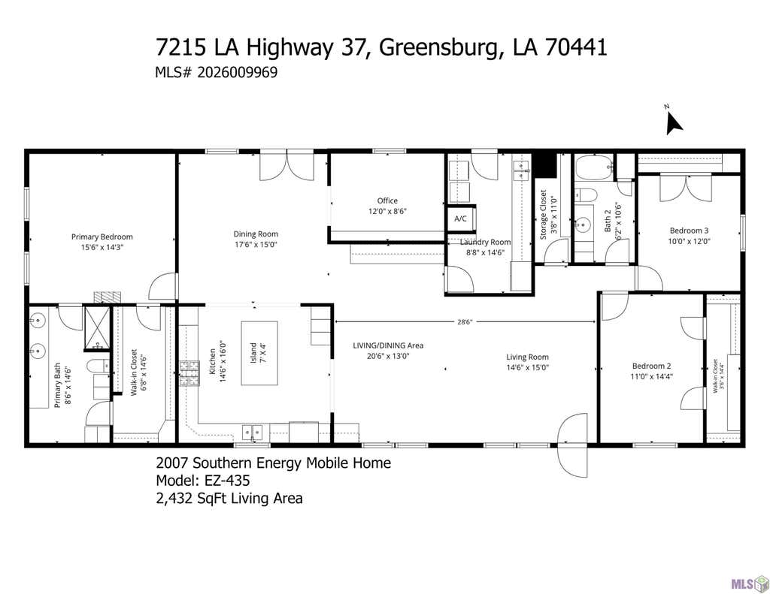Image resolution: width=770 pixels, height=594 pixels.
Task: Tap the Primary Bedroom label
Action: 102,237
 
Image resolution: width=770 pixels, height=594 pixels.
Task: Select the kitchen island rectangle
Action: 259,353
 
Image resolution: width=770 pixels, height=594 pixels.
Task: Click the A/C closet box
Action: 461,219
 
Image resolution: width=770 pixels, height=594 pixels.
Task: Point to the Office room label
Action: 387,201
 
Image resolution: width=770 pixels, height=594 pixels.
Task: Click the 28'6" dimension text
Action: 465,322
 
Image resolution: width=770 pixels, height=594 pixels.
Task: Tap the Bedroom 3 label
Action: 689,231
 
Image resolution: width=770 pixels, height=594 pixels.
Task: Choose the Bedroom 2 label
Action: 652,366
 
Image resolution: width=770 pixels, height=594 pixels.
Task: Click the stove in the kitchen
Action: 189,373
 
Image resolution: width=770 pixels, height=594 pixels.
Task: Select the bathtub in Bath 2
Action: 594,167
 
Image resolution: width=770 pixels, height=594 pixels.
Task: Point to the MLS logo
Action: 750,583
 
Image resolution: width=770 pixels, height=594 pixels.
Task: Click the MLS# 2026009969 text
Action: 216,73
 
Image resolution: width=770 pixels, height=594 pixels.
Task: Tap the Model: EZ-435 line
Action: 203,480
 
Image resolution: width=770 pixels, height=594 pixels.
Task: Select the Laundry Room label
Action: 485,242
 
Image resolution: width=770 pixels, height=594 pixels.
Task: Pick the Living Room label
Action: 527,357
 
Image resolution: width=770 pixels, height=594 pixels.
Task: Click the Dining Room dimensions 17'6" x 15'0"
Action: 256,244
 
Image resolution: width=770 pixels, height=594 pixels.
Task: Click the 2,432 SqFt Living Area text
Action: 229,499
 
